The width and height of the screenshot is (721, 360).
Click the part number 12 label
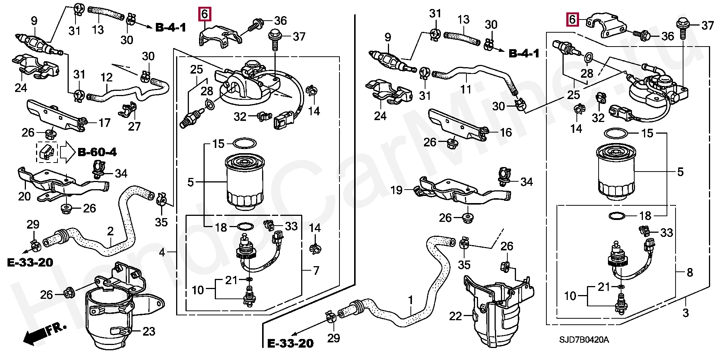(107, 78)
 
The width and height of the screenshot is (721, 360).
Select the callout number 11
(466, 89)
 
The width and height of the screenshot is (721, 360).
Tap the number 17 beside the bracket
(104, 123)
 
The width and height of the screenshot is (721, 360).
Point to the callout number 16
(506, 132)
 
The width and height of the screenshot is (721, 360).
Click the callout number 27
(134, 126)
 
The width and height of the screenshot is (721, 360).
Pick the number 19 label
(397, 190)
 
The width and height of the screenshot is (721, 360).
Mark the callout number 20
(24, 196)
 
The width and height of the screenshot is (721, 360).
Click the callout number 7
(316, 270)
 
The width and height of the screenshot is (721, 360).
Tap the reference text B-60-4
(97, 152)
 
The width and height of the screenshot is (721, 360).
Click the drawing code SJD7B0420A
(584, 340)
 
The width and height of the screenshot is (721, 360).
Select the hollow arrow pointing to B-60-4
(68, 152)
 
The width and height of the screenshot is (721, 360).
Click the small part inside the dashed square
(47, 152)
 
